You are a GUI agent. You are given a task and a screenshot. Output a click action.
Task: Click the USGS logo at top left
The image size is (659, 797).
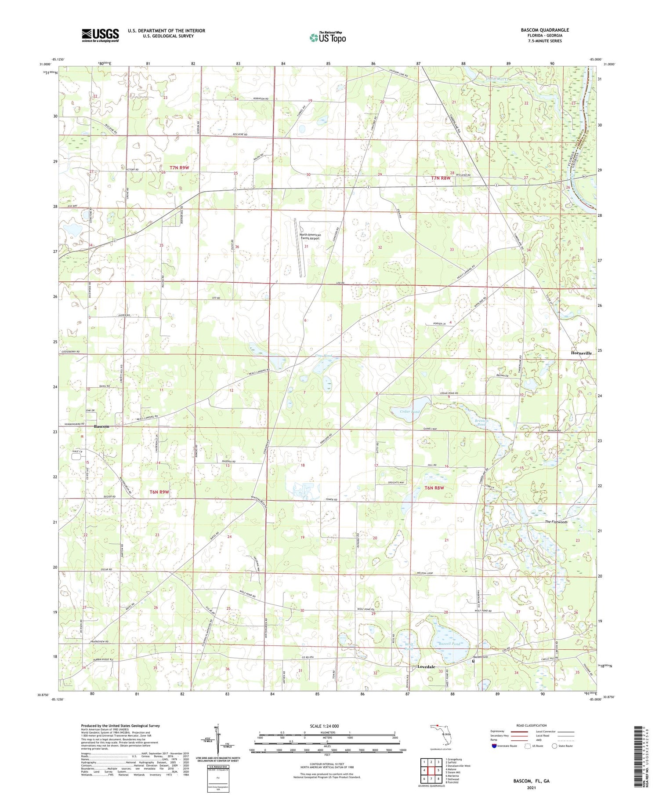100,35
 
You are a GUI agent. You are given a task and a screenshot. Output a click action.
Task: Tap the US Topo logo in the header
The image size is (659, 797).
327,38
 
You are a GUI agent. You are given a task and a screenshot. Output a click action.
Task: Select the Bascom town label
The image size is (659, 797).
101,426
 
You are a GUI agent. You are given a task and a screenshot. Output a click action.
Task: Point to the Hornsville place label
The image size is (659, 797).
581,353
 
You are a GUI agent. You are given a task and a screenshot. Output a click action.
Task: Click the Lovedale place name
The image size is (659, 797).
426,666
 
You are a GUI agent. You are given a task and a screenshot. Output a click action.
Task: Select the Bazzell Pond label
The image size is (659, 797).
449,644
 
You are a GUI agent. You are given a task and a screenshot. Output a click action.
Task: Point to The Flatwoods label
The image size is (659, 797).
556,522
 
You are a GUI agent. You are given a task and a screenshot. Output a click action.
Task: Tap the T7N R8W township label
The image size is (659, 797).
441,178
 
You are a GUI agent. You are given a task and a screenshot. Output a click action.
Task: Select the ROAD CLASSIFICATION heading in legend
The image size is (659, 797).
532,725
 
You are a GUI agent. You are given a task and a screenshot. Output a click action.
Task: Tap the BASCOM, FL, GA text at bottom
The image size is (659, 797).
531,781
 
